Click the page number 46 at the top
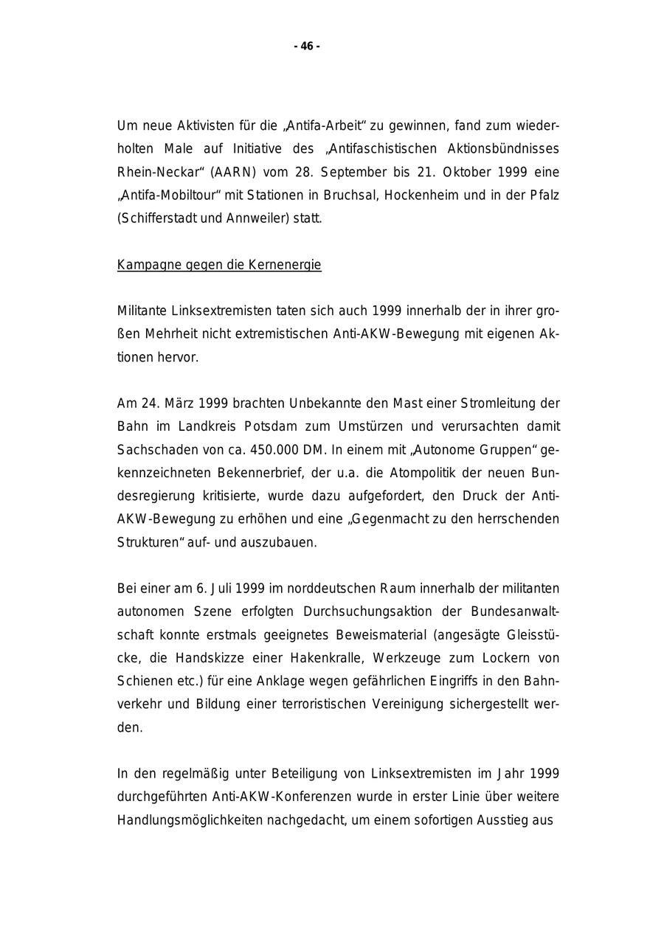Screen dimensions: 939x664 pos(307,46)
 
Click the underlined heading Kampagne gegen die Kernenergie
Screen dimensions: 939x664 pos(219,265)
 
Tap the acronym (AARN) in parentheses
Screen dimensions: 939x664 pos(235,172)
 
